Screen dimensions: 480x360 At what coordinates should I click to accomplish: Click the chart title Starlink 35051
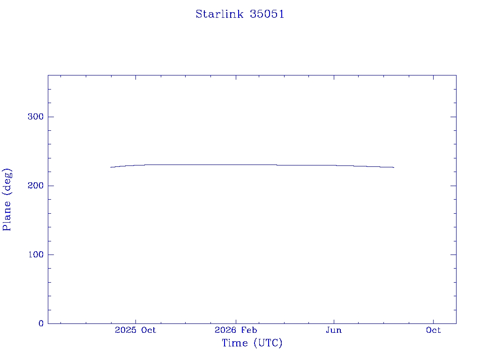coord(240,14)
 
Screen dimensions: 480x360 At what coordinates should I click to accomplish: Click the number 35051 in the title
coord(267,14)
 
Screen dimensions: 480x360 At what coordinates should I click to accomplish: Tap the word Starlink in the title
coord(219,14)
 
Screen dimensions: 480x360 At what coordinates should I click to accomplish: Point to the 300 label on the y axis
coord(36,117)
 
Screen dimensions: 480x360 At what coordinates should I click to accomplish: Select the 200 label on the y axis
coord(36,186)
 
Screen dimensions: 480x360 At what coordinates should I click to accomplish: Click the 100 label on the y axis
coord(36,255)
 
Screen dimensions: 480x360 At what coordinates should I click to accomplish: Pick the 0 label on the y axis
coord(41,323)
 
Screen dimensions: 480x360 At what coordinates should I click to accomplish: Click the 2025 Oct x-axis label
coord(135,330)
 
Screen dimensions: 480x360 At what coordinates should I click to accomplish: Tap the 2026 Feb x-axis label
coord(236,330)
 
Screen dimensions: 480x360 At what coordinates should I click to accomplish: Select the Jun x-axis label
coord(334,330)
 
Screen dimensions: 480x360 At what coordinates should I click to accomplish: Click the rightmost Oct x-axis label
coord(433,330)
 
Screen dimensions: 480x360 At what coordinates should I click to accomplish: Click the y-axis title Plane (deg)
coord(7,199)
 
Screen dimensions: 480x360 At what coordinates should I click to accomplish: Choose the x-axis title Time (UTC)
coord(252,343)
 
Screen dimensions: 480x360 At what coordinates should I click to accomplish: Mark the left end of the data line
coord(111,167)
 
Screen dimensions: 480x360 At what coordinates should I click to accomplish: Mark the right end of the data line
coord(394,167)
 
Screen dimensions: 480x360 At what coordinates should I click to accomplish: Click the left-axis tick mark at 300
coord(51,117)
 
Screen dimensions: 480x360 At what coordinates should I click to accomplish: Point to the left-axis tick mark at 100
coord(51,255)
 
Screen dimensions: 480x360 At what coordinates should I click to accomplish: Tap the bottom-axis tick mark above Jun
coord(334,321)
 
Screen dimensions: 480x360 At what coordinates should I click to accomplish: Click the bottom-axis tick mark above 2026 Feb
coord(236,321)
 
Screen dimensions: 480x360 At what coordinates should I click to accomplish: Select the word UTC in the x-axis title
coord(268,343)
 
